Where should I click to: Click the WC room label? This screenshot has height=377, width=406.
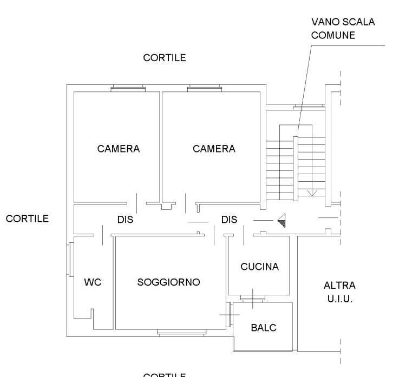[x=93, y=282]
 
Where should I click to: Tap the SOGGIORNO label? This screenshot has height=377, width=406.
[x=169, y=282]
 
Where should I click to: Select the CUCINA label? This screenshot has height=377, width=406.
[x=259, y=267]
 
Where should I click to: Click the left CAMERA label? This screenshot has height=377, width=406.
[x=119, y=149]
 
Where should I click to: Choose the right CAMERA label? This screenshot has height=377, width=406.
[x=214, y=149]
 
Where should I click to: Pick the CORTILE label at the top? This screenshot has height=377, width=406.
[x=165, y=58]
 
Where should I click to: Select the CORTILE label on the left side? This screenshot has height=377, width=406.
[x=28, y=219]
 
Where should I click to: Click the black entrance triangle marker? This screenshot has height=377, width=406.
[x=282, y=220]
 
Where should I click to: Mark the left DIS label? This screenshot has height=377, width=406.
[x=126, y=220]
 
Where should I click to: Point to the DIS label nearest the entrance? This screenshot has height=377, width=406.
[x=230, y=220]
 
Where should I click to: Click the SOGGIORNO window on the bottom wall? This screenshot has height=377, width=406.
[x=181, y=332]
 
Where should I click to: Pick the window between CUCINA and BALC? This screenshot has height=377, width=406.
[x=252, y=297]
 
